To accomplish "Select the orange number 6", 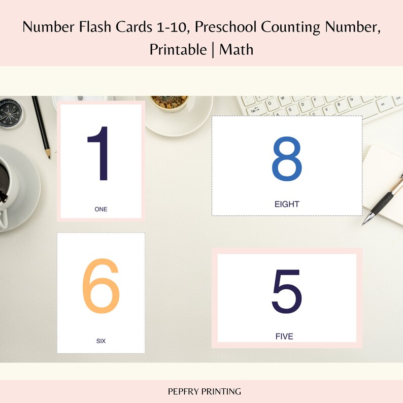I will tap(101, 286).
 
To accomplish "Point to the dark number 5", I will tap(287, 291).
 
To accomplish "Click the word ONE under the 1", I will tap(101, 209).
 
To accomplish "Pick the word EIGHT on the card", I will tap(287, 205).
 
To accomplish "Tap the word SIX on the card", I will tap(101, 341).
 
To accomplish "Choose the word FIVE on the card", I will tap(284, 337).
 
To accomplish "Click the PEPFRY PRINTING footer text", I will tap(205, 391).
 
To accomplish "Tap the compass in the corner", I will tap(10, 113).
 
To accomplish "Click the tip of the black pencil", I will tap(49, 156).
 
